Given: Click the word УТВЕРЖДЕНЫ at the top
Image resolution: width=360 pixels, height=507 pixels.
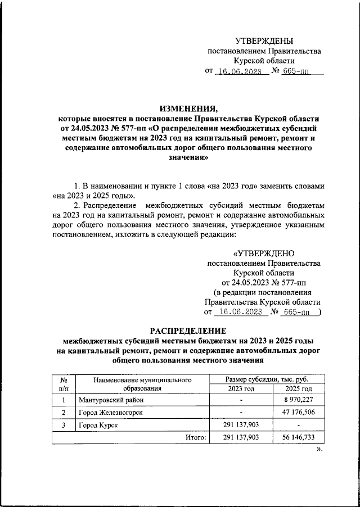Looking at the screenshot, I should pos(264,41).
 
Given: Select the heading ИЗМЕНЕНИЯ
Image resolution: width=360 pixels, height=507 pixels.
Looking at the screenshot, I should pos(188,108).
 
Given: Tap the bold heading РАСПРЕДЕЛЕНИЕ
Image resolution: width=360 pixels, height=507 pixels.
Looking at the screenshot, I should pos(188,331).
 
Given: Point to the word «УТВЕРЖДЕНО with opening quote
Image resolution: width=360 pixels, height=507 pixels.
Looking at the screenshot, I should pos(263,253).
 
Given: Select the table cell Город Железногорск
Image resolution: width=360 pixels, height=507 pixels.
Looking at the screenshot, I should pos(110,412).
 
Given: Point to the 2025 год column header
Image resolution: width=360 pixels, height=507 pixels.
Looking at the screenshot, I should pos(298,388).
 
